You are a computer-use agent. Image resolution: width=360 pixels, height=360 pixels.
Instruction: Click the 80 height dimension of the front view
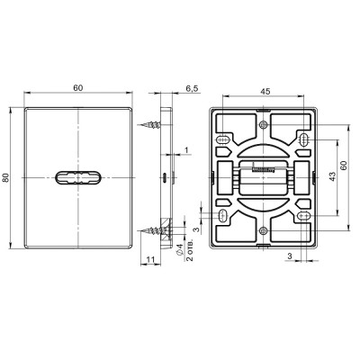click(x=8, y=178)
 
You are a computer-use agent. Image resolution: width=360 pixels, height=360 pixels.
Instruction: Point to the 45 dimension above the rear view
click(x=266, y=90)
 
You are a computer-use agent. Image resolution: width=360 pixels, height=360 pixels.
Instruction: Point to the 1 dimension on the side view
click(x=185, y=149)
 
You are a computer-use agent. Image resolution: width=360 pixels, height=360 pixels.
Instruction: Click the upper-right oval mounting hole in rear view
click(x=304, y=139)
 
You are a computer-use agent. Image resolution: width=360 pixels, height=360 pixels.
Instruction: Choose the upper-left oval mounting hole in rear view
click(x=221, y=139)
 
